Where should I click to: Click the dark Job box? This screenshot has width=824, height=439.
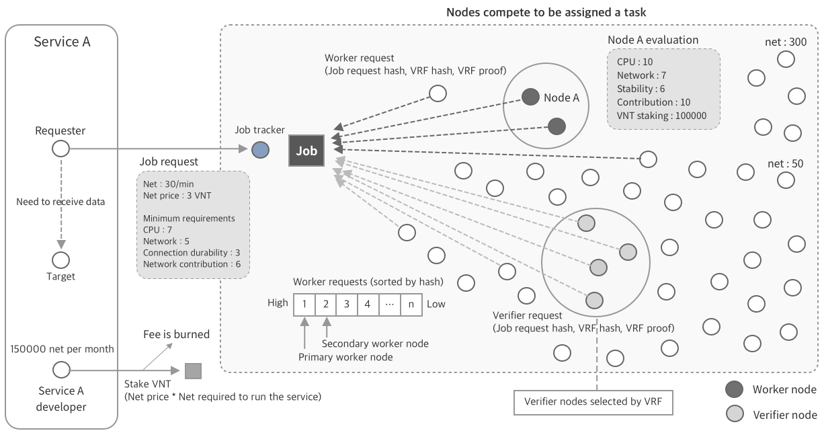click(x=306, y=151)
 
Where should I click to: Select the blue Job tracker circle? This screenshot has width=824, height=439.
click(x=260, y=150)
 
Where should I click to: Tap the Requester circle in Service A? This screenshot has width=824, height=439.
click(x=61, y=149)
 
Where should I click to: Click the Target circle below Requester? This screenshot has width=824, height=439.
click(x=61, y=260)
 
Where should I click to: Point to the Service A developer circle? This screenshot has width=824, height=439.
click(x=61, y=370)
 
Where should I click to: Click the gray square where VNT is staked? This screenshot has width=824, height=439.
click(x=193, y=370)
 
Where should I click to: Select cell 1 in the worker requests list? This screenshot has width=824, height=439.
click(x=304, y=304)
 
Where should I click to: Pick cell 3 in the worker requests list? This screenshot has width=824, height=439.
click(x=347, y=304)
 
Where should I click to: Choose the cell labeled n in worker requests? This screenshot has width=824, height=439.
click(x=411, y=304)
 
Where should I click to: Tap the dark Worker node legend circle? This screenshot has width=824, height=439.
click(x=735, y=389)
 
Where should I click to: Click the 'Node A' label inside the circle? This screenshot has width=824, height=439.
click(x=561, y=97)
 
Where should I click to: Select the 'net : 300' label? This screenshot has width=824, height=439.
click(x=786, y=42)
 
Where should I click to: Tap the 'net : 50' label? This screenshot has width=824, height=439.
click(x=785, y=164)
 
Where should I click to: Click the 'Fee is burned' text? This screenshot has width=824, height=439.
click(x=176, y=334)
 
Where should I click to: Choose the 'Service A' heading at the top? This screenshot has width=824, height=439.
click(x=62, y=42)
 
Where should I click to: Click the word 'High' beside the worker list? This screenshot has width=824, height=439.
click(x=278, y=303)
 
